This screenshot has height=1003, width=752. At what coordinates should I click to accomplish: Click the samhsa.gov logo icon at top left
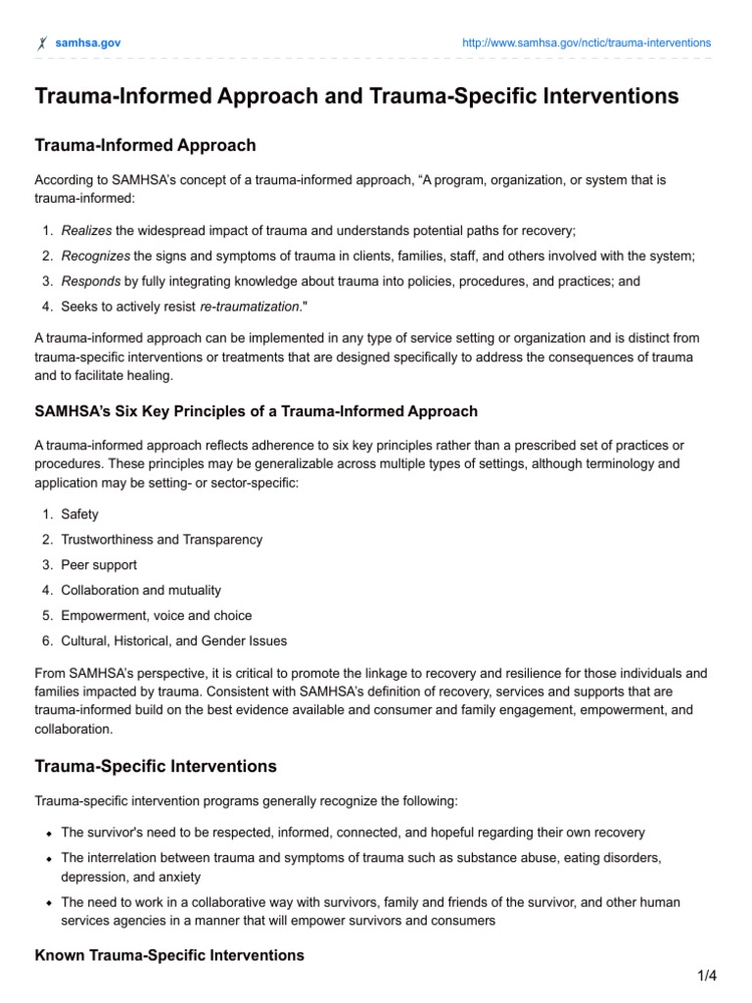point(41,43)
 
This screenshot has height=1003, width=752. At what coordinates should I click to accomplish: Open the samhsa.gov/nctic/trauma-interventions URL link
point(586,43)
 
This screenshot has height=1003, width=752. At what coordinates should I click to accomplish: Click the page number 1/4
point(707,976)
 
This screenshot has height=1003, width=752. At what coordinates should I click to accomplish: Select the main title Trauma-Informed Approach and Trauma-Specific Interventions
point(357,96)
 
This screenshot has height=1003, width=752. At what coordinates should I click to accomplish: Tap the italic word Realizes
point(86,230)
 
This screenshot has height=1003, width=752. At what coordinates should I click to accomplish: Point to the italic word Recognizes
point(95,256)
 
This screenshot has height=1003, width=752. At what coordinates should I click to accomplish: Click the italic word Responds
point(91,281)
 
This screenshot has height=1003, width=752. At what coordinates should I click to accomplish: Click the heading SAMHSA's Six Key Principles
point(257,411)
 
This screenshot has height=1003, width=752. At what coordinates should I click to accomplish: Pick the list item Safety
point(79,514)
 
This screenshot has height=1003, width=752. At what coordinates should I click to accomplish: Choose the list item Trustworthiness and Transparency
point(162,540)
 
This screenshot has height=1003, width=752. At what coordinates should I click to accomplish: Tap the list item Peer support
point(99,565)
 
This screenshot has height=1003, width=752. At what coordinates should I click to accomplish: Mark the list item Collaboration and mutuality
point(141,591)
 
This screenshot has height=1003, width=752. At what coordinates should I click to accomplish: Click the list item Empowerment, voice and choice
point(156,616)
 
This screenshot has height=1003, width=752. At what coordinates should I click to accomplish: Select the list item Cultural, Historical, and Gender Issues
point(174,642)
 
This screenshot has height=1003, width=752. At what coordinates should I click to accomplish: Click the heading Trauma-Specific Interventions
point(156,766)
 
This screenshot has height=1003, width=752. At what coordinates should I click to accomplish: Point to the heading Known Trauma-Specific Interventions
point(169,955)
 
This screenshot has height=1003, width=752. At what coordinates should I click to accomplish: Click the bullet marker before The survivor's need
point(48,833)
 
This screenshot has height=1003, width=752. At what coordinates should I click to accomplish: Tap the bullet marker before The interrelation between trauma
point(48,858)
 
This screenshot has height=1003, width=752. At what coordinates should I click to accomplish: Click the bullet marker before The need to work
point(48,902)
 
